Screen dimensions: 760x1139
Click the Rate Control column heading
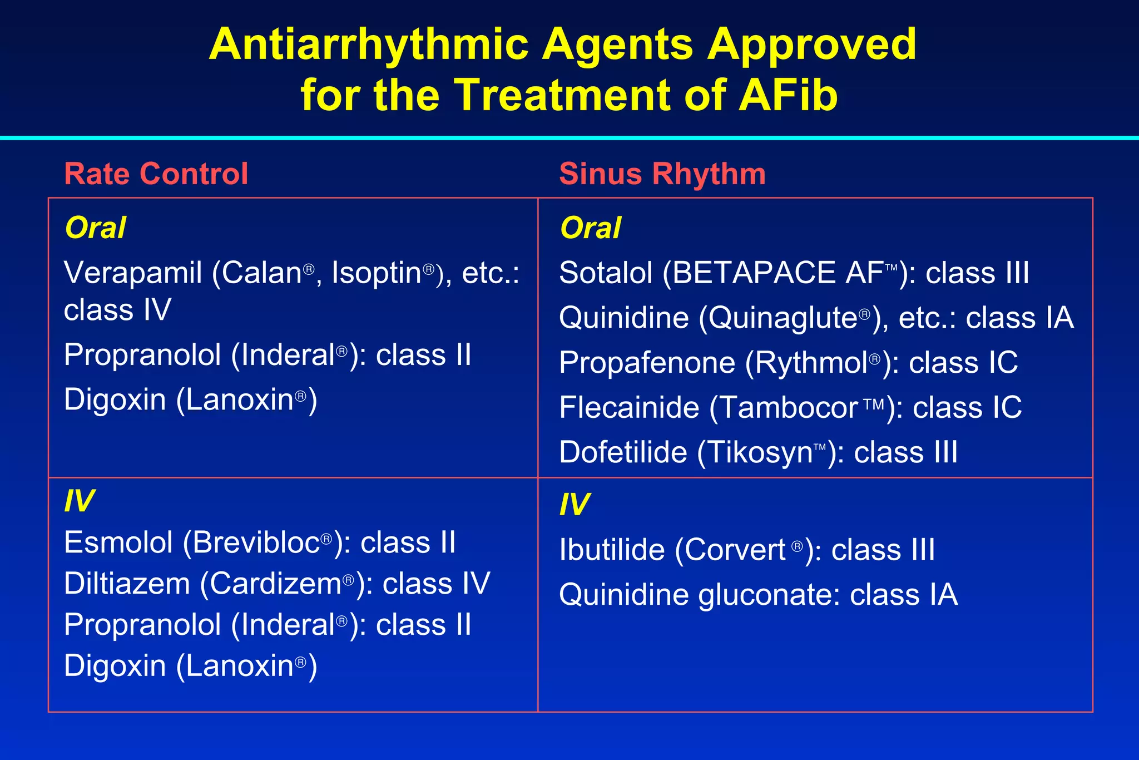[x=156, y=174]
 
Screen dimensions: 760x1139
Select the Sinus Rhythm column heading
[x=662, y=174]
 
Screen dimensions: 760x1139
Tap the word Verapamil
[x=132, y=273]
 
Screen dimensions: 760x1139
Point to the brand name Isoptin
[x=377, y=273]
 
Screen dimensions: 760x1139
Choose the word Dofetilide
[x=623, y=452]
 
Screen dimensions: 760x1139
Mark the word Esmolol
[x=118, y=542]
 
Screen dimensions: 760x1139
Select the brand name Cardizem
[x=276, y=584]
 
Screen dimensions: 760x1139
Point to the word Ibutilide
[x=612, y=550]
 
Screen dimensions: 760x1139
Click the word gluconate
[x=767, y=595]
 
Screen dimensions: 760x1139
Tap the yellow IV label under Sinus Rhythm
[x=574, y=505]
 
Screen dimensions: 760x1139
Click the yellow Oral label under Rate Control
[x=95, y=228]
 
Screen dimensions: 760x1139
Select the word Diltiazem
[x=127, y=584]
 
